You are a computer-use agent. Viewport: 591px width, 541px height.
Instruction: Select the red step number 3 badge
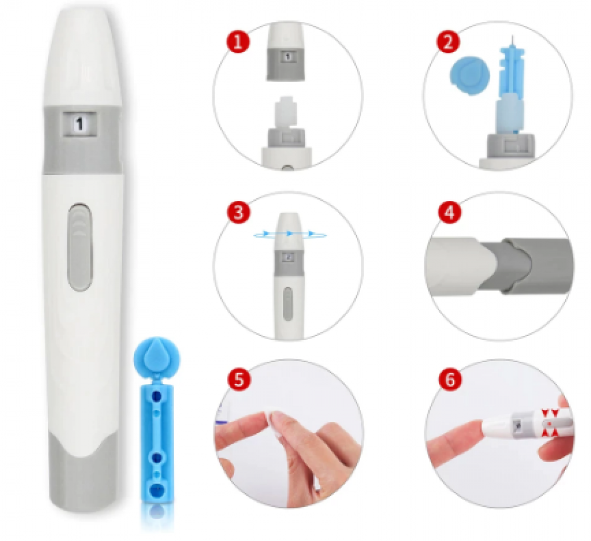coord(238,212)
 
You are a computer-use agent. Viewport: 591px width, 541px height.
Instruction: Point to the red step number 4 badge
coord(449,212)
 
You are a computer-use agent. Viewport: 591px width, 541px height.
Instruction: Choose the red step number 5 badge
coord(239,379)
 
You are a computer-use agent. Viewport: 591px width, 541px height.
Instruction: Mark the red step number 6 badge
coord(450,379)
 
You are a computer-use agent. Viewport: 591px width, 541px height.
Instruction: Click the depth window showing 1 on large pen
coord(79,124)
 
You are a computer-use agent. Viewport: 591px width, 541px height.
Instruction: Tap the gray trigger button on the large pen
coord(80,247)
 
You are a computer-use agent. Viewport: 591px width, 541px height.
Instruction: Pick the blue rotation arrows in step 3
coord(289,234)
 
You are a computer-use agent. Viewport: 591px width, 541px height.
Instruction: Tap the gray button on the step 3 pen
coord(288,302)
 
